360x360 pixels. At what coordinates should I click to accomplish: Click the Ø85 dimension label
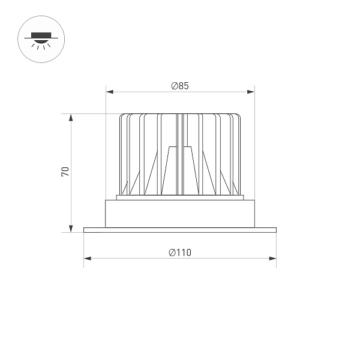coord(180,86)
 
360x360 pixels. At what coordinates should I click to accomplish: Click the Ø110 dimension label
coord(180,253)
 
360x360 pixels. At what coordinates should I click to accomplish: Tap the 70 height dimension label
coord(65,172)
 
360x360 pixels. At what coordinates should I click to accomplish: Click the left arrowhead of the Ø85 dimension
coord(109,92)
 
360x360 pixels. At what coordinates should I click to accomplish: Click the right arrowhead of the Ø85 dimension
coord(251,92)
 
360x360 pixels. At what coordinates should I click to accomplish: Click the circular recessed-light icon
coord(41,40)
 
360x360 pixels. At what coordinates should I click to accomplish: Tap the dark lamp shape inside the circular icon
coord(41,35)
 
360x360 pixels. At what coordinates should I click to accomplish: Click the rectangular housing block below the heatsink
coord(180,213)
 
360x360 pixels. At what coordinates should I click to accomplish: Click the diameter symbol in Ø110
coord(172,253)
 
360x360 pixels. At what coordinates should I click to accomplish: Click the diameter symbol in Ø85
coord(174,86)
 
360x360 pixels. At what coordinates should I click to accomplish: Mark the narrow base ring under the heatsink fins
coord(180,197)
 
